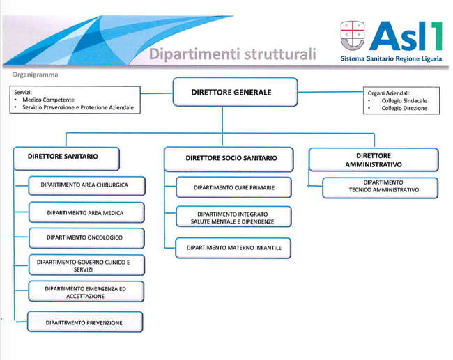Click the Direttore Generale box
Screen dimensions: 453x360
point(235,92)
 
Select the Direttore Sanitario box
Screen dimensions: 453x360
point(66,159)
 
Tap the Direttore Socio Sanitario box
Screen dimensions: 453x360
point(229,159)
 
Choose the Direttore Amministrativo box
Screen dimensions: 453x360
point(374,160)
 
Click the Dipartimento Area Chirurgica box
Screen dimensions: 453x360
point(86,186)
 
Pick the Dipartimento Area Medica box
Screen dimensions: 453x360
point(86,212)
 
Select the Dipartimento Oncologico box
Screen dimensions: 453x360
point(86,238)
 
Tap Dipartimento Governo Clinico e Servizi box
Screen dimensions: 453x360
point(86,265)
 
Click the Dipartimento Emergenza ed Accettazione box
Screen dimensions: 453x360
point(86,291)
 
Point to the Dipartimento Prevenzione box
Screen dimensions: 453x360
point(85,322)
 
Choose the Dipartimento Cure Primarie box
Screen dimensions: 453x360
point(233,187)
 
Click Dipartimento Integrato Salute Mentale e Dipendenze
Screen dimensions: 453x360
point(233,217)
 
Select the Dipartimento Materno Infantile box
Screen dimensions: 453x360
point(233,248)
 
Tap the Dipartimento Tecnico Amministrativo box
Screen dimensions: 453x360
point(381,188)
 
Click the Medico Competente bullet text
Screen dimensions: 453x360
point(48,100)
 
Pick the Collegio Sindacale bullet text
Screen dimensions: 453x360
point(404,101)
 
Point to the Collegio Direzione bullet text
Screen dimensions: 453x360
point(404,108)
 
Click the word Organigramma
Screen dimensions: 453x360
point(35,75)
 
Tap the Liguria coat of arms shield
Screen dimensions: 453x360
point(353,36)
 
